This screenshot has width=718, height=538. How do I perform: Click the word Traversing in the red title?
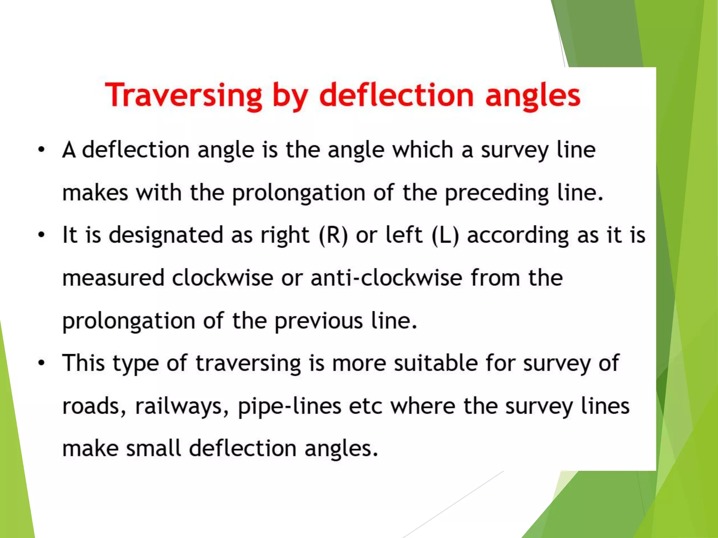tap(183, 95)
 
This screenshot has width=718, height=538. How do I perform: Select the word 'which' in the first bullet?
tap(422, 150)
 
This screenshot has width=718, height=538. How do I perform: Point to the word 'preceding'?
tap(496, 193)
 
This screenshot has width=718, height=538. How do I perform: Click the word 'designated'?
tap(166, 235)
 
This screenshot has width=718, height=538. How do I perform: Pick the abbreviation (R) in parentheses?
tap(333, 235)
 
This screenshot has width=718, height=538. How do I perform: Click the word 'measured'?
tap(113, 278)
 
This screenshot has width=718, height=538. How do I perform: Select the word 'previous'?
tap(318, 321)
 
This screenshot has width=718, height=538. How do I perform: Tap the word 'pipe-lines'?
tap(290, 406)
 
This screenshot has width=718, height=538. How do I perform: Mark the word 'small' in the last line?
tap(154, 448)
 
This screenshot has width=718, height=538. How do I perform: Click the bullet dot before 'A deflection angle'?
tap(42, 150)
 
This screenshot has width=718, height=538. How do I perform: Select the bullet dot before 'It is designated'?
tap(42, 235)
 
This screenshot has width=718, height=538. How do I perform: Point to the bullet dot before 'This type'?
tap(42, 363)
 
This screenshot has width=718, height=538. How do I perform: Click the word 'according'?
tap(518, 235)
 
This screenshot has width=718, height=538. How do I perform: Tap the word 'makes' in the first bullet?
tap(95, 193)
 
